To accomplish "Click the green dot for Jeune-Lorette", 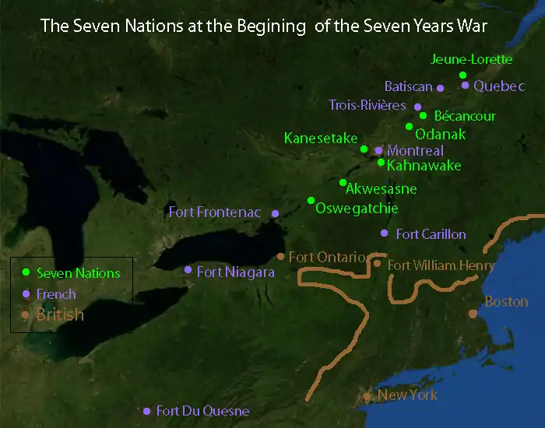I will pos(463,75).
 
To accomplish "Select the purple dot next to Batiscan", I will pos(440,88).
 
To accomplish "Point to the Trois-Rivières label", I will pos(367,105).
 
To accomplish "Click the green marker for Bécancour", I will pos(423,116).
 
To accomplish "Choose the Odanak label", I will pos(441,134).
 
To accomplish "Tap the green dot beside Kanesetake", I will pos(364,149).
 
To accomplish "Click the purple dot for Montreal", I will pos(378,150).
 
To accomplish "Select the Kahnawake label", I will pos(424,166).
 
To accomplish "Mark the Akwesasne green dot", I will pos(343,183).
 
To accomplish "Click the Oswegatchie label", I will pos(357,208).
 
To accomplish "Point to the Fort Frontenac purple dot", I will pos(275,213).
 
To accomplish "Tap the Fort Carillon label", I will pos(431,233).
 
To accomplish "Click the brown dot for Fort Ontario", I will pos(281,256).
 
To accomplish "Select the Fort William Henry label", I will pos(441,265).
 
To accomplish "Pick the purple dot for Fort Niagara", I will pos(188,269).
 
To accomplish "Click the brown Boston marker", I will pos(473,314).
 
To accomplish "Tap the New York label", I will pos(407,395).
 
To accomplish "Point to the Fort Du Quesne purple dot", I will pos(146,411).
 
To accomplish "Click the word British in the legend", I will pos(60,315).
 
